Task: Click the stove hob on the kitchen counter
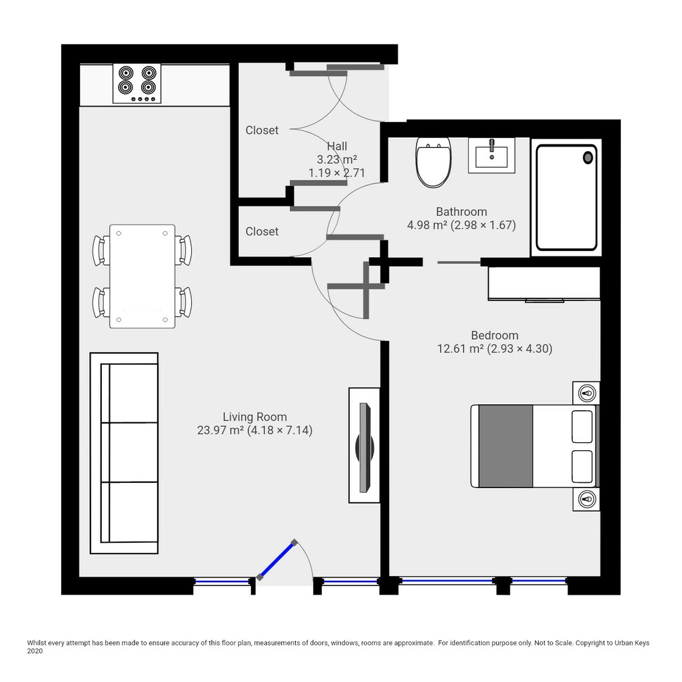tap(137, 83)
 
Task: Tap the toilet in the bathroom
tap(433, 162)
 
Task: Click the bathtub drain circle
tap(587, 158)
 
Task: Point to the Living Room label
tap(255, 417)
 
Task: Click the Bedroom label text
tap(495, 336)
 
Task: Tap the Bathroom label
tap(462, 212)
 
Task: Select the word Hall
tap(337, 146)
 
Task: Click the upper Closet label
tap(262, 130)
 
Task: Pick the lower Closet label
tap(262, 231)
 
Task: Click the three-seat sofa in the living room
tap(124, 453)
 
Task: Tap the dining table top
tap(143, 276)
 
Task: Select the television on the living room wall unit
tap(364, 448)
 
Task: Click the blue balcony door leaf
tap(277, 559)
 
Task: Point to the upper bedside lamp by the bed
tap(586, 394)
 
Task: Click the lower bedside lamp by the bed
tap(586, 498)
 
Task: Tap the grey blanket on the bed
tap(506, 446)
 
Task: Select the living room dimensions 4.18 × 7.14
tap(280, 431)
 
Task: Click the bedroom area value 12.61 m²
tap(460, 349)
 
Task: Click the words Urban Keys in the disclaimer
tap(632, 643)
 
